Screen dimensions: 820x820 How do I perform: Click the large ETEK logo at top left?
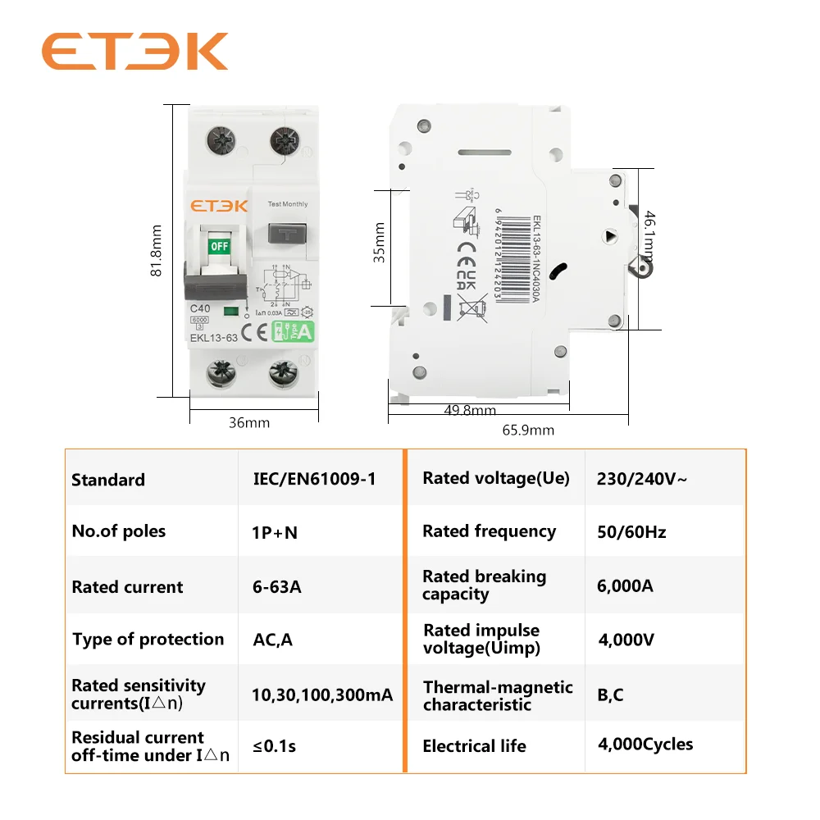click(134, 52)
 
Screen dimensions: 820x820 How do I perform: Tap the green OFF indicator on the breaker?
click(219, 245)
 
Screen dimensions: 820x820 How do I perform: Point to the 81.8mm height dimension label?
click(157, 251)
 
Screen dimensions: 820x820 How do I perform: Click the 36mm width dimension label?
click(249, 423)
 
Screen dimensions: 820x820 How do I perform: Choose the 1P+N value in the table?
click(275, 532)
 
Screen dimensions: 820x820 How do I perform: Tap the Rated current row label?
click(128, 587)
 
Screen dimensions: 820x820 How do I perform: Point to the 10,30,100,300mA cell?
click(322, 695)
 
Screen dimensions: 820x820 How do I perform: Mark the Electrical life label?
click(474, 746)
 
